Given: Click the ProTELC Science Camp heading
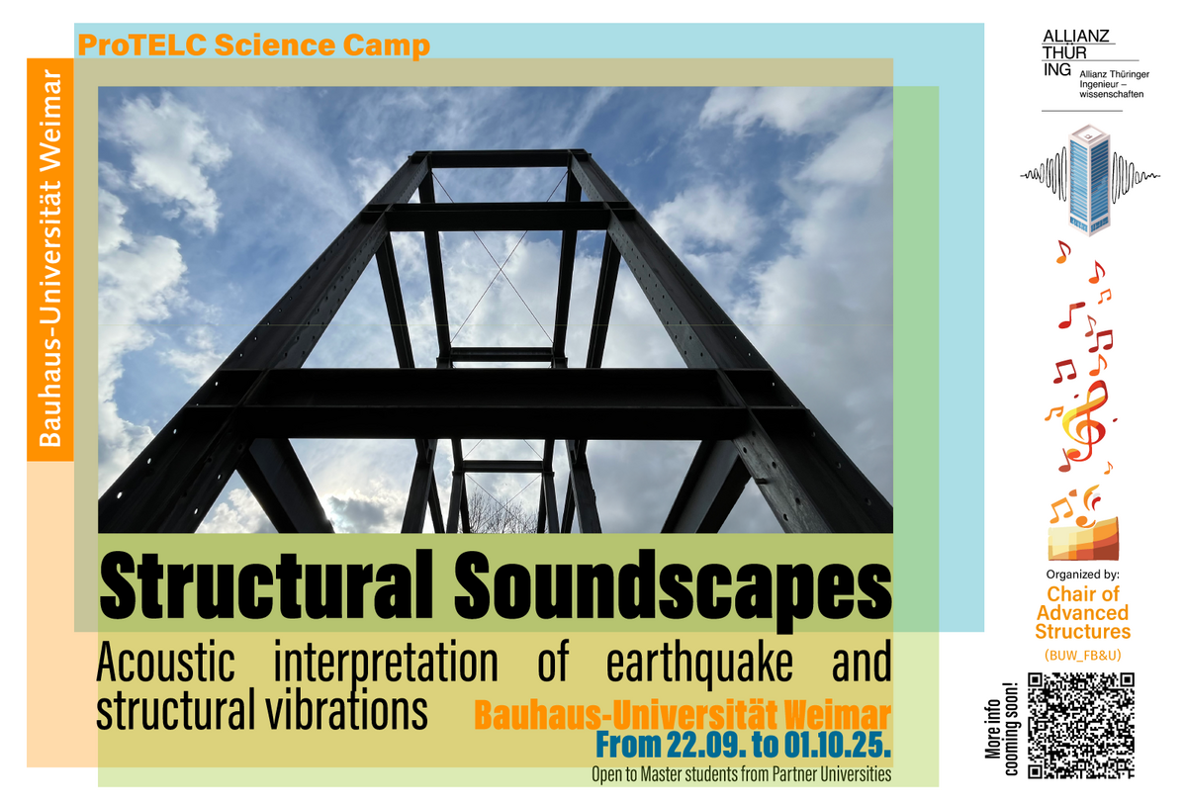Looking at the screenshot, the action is click(x=254, y=45).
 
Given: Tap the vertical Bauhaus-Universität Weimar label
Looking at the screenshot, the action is click(x=50, y=258).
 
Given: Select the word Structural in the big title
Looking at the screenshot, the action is click(x=266, y=584).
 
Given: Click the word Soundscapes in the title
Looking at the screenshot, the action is click(x=673, y=589).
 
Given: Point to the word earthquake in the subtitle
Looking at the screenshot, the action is click(x=699, y=664).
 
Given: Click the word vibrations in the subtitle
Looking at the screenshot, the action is click(x=346, y=709).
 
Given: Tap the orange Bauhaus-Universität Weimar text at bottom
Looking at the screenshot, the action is click(x=683, y=715).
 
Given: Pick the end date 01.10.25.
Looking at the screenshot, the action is click(x=837, y=746).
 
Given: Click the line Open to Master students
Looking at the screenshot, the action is click(x=741, y=774).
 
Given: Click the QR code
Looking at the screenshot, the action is click(x=1081, y=725).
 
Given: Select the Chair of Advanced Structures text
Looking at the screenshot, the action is click(x=1082, y=613).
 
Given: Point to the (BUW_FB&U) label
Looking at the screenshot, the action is click(x=1082, y=656).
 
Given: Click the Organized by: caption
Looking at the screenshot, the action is click(x=1082, y=575).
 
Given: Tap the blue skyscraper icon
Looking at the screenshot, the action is click(x=1089, y=180).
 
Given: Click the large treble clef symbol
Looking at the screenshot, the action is click(x=1085, y=421).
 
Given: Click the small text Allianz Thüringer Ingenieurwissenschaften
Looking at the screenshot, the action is click(x=1114, y=84).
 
